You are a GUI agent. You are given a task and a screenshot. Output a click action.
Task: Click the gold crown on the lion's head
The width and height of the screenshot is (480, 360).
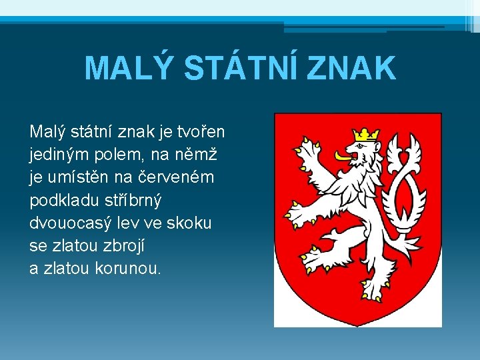(x=366, y=133)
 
